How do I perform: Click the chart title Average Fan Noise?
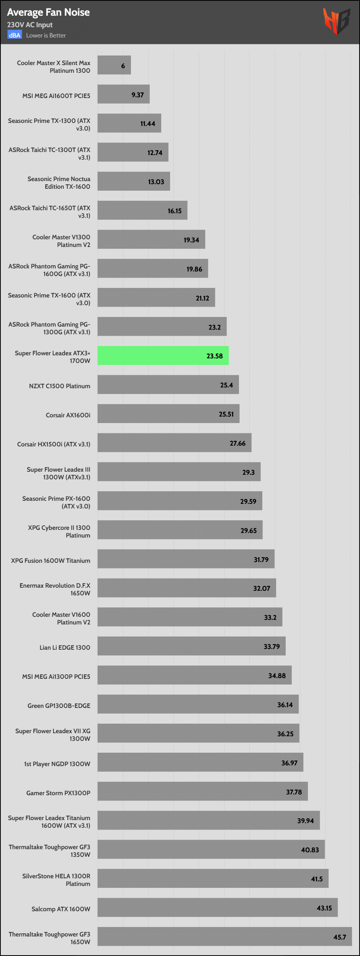pyautogui.click(x=48, y=12)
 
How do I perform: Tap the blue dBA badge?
pyautogui.click(x=15, y=35)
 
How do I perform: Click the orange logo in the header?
pyautogui.click(x=336, y=21)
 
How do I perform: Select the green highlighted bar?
pyautogui.click(x=163, y=356)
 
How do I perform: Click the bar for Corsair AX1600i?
pyautogui.click(x=168, y=414)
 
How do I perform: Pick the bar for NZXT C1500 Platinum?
pyautogui.click(x=168, y=385)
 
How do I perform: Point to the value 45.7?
pyautogui.click(x=339, y=937)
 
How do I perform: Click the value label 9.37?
pyautogui.click(x=137, y=95)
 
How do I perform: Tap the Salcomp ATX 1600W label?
pyautogui.click(x=61, y=909)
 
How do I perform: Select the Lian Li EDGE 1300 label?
pyautogui.click(x=65, y=647)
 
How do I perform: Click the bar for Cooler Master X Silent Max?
pyautogui.click(x=114, y=65)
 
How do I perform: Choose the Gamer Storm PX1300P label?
pyautogui.click(x=58, y=793)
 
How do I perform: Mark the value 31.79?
pyautogui.click(x=261, y=560)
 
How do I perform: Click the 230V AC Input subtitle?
pyautogui.click(x=30, y=25)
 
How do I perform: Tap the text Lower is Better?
pyautogui.click(x=46, y=36)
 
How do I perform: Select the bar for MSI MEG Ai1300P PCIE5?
pyautogui.click(x=194, y=675)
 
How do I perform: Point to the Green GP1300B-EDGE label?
pyautogui.click(x=59, y=706)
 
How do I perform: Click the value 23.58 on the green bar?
pyautogui.click(x=214, y=356)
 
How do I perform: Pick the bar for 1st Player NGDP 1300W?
pyautogui.click(x=200, y=762)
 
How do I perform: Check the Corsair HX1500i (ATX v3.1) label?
pyautogui.click(x=54, y=444)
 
